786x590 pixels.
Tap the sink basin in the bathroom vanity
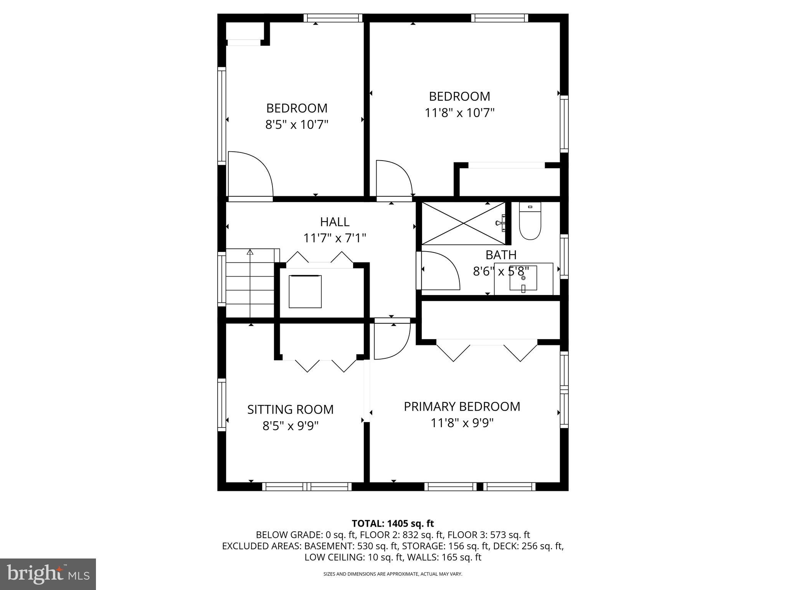click(523, 278)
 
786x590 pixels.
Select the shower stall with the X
click(463, 223)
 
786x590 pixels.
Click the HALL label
click(335, 222)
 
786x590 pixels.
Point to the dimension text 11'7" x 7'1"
click(335, 239)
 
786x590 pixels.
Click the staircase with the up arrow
click(250, 283)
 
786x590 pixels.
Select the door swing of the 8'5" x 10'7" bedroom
click(249, 175)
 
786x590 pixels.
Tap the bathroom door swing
click(439, 270)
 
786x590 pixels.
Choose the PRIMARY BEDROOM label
click(462, 406)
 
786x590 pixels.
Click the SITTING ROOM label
click(290, 409)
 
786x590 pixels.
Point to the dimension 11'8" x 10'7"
click(459, 113)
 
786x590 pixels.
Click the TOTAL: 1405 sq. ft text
click(393, 524)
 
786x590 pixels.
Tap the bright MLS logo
click(48, 574)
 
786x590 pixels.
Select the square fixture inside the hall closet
click(305, 291)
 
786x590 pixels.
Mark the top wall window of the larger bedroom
click(499, 18)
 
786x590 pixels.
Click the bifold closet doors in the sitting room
click(320, 365)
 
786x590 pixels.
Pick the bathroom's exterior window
click(564, 256)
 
